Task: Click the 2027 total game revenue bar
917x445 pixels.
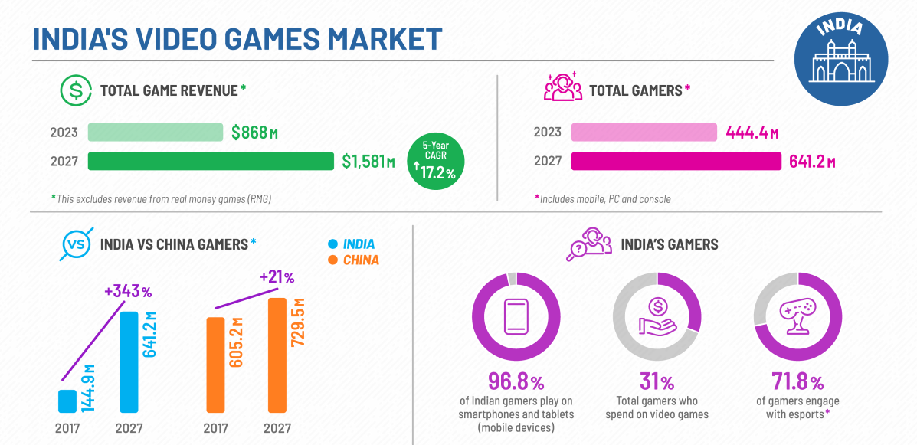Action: click(211, 161)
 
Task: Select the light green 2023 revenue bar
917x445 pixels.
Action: click(155, 132)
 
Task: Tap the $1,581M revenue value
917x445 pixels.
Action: click(368, 162)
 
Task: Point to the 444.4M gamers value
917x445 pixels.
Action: click(752, 133)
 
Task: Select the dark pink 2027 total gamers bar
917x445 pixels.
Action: click(675, 161)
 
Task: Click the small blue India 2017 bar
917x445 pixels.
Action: click(67, 401)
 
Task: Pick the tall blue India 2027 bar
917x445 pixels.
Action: click(129, 362)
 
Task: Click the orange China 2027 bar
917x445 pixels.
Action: click(277, 355)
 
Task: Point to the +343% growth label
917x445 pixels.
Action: click(129, 291)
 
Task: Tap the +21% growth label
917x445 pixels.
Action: click(277, 276)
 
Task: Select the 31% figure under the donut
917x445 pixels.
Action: click(657, 381)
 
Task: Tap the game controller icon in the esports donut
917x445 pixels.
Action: click(796, 317)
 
